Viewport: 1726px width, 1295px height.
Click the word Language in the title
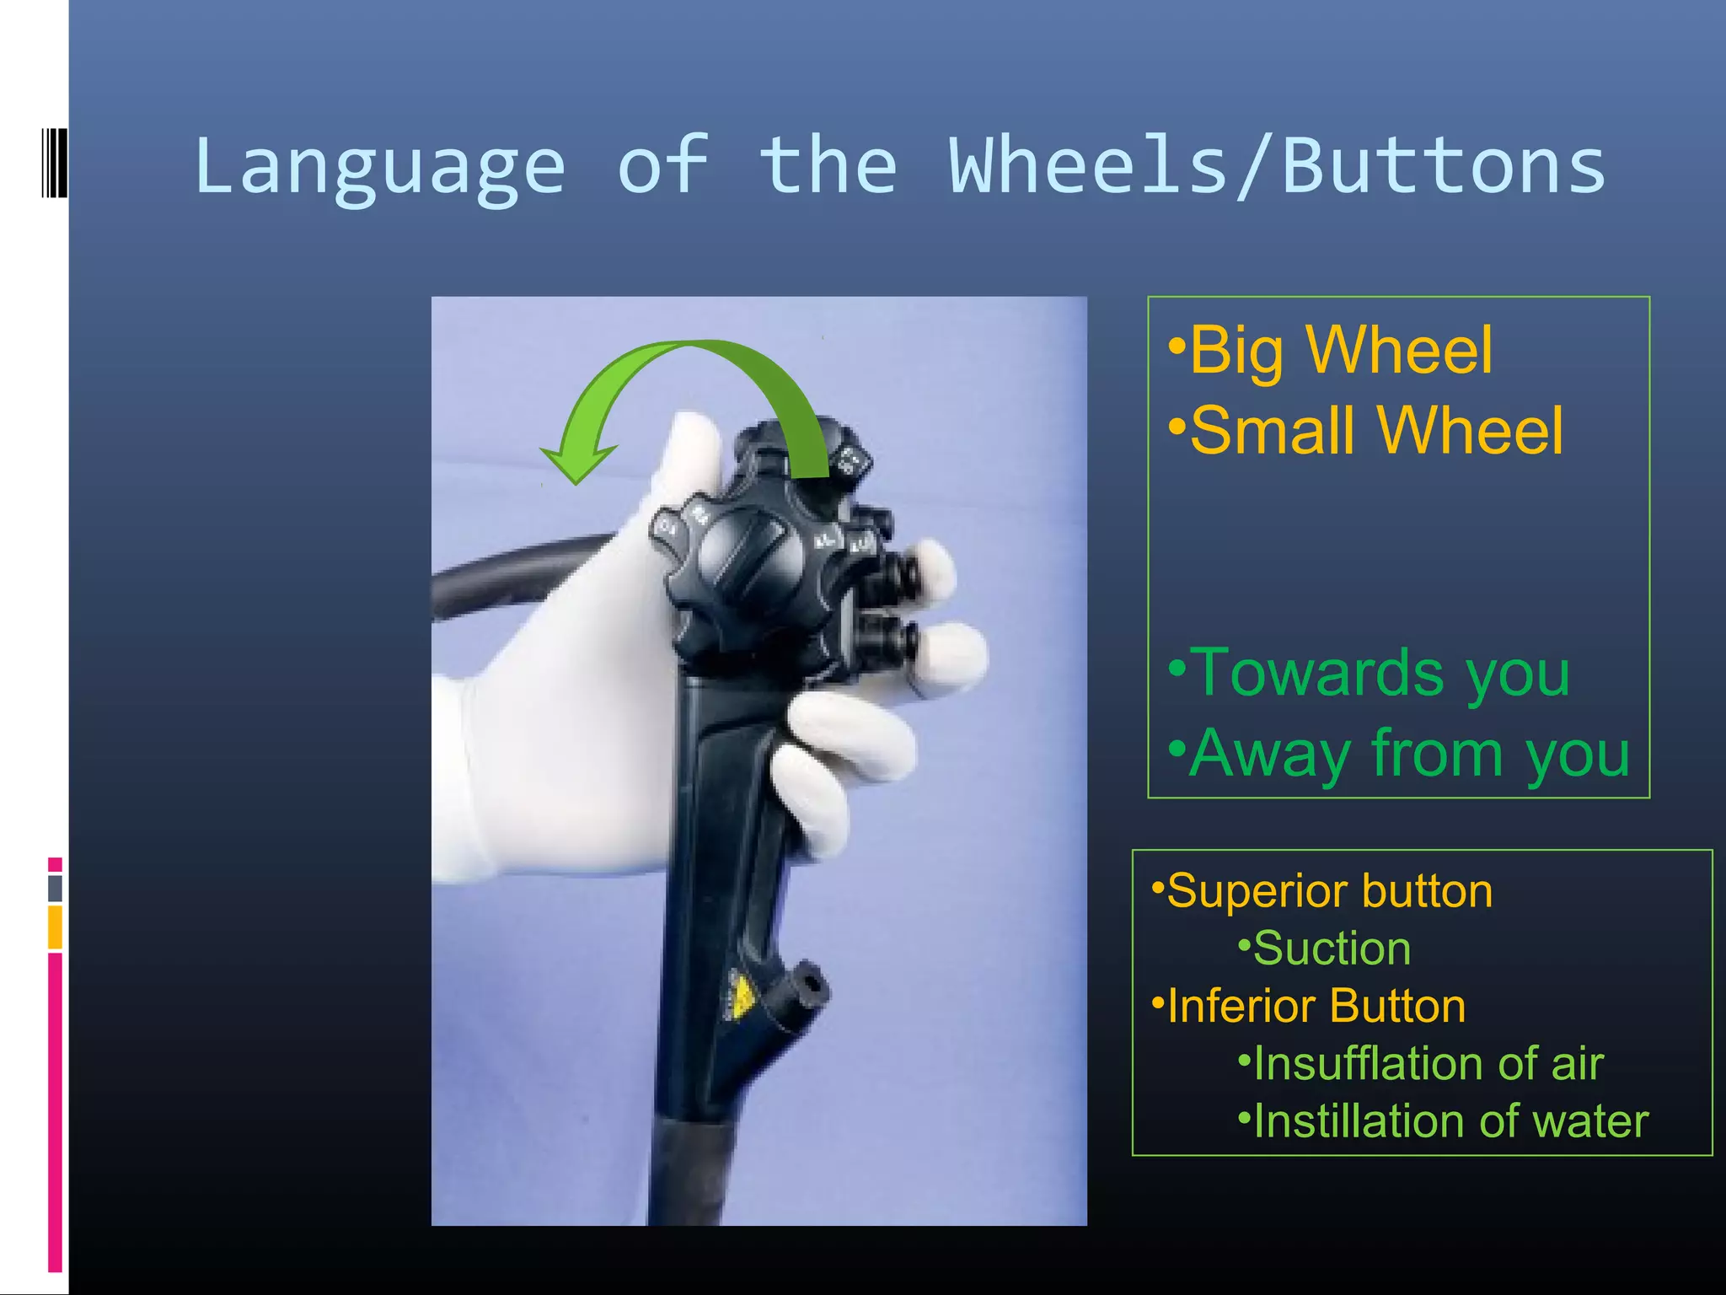click(x=379, y=167)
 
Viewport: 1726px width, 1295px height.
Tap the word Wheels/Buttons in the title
click(x=1277, y=167)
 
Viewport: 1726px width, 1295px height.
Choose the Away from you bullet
click(x=1409, y=753)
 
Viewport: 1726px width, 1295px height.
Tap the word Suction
click(x=1332, y=948)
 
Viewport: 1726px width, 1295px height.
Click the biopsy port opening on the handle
click(x=812, y=983)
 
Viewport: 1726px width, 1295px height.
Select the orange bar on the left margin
click(x=55, y=927)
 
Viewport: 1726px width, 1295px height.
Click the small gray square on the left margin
click(x=55, y=888)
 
